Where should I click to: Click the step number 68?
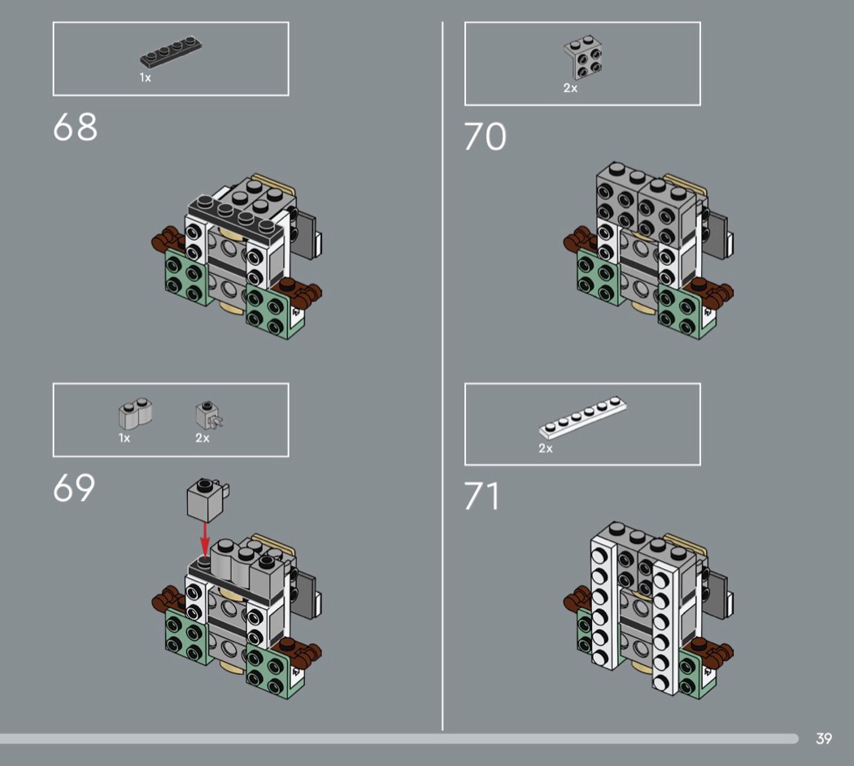pos(75,127)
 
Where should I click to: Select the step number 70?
pos(486,136)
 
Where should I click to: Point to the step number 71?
pos(481,496)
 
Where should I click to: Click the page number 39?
pos(823,738)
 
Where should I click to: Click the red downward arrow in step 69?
pos(205,538)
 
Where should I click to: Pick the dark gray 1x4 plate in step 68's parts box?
pos(171,52)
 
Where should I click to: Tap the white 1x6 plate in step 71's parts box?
pos(583,418)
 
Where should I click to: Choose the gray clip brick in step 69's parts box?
pos(209,416)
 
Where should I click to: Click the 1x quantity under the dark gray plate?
pos(146,78)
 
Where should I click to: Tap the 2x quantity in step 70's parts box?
pos(570,88)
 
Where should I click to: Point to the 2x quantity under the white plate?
pos(546,449)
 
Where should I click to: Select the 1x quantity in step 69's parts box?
pos(124,438)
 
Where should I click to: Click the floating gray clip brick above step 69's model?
pos(207,500)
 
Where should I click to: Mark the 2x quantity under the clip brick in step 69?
pos(203,438)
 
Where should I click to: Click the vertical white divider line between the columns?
pos(442,376)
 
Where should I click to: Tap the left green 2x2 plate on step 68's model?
pos(185,277)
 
